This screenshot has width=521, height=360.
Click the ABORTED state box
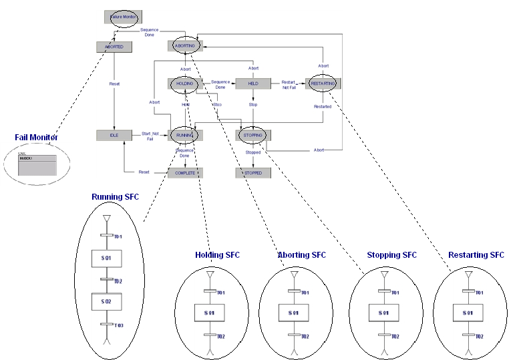pyautogui.click(x=114, y=47)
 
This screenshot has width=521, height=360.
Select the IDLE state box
pyautogui.click(x=114, y=136)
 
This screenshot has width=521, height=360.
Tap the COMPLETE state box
pyautogui.click(x=185, y=173)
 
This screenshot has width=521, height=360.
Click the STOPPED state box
pyautogui.click(x=252, y=173)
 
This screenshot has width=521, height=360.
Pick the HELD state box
pyautogui.click(x=253, y=83)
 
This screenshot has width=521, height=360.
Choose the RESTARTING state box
pyautogui.click(x=323, y=83)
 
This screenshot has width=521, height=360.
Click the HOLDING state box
pyautogui.click(x=185, y=83)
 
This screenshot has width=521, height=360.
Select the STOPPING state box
pyautogui.click(x=252, y=136)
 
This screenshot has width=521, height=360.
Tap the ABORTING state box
pyautogui.click(x=185, y=46)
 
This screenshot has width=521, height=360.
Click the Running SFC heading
pyautogui.click(x=116, y=197)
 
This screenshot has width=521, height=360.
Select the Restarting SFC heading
pyautogui.click(x=476, y=255)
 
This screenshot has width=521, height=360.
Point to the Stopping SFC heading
pyautogui.click(x=391, y=255)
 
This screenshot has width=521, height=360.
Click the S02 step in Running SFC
pyautogui.click(x=106, y=302)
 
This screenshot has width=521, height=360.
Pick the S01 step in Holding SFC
pyautogui.click(x=210, y=313)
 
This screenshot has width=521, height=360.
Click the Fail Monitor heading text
pyautogui.click(x=37, y=138)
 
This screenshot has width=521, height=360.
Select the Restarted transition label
pyautogui.click(x=323, y=106)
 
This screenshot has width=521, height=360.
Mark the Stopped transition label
pyautogui.click(x=252, y=153)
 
